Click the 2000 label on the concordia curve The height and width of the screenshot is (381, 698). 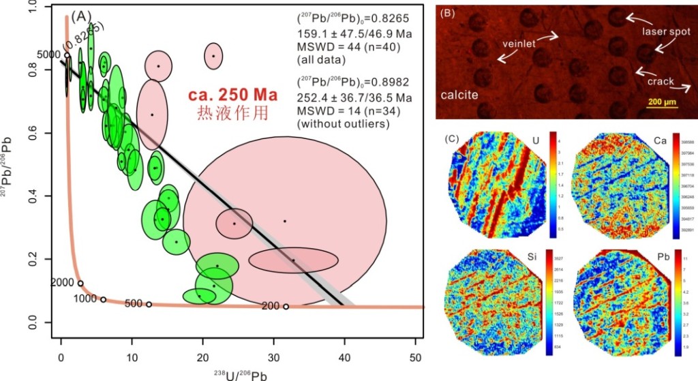click(63, 282)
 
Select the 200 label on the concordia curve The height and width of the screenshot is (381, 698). click(270, 306)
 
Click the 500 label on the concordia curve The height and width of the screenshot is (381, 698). click(134, 304)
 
